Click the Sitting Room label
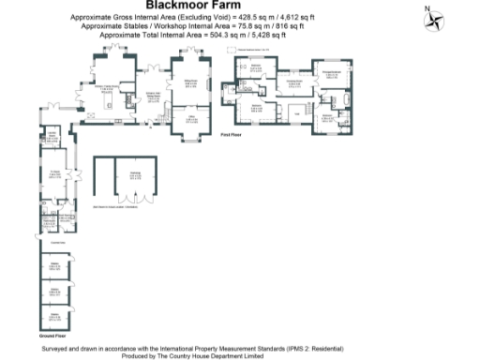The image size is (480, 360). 189,83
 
